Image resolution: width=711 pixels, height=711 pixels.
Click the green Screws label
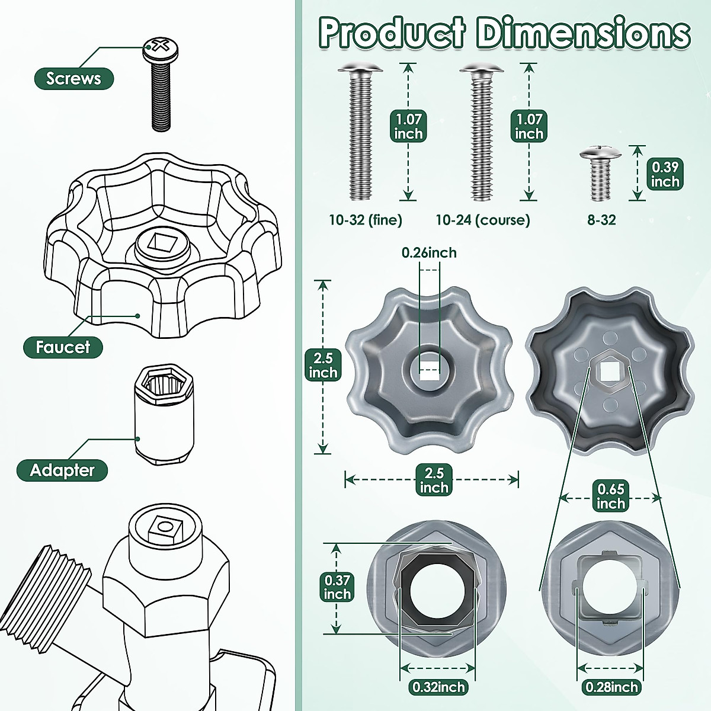coord(74,79)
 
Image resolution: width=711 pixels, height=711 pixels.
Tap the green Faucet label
coord(63,347)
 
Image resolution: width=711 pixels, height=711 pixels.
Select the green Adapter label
coord(62,470)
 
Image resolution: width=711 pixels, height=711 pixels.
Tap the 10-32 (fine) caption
coord(366,220)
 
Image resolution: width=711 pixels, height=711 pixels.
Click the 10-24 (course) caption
coord(483,220)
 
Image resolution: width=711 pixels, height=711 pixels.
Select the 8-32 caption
coord(601,220)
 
